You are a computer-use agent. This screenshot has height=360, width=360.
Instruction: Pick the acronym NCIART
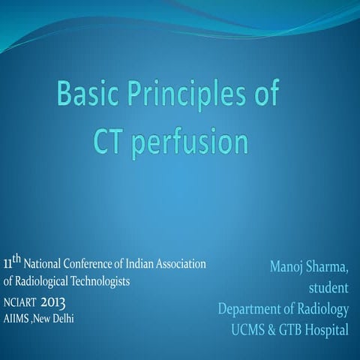click(x=18, y=302)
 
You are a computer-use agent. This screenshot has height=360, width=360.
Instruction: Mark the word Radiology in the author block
click(x=322, y=309)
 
